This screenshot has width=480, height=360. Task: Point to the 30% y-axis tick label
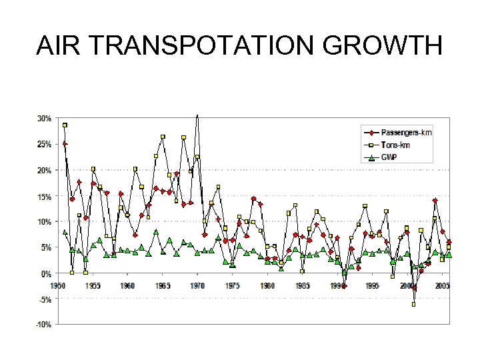click(x=44, y=119)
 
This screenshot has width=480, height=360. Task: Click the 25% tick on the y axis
click(x=44, y=144)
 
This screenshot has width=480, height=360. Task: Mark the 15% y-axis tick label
click(x=44, y=196)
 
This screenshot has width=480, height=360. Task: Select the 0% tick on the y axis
click(x=46, y=274)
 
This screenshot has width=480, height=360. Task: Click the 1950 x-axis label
click(x=59, y=285)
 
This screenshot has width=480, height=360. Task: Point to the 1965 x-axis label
click(x=163, y=285)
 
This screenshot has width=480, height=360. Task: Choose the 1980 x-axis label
click(x=267, y=285)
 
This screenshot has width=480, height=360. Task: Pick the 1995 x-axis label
click(x=372, y=285)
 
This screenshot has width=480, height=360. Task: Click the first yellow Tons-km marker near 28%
click(x=65, y=125)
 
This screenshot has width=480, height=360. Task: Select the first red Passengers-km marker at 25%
click(x=65, y=143)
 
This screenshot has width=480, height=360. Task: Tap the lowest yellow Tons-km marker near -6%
click(x=413, y=304)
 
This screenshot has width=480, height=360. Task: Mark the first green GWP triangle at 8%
click(x=65, y=232)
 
